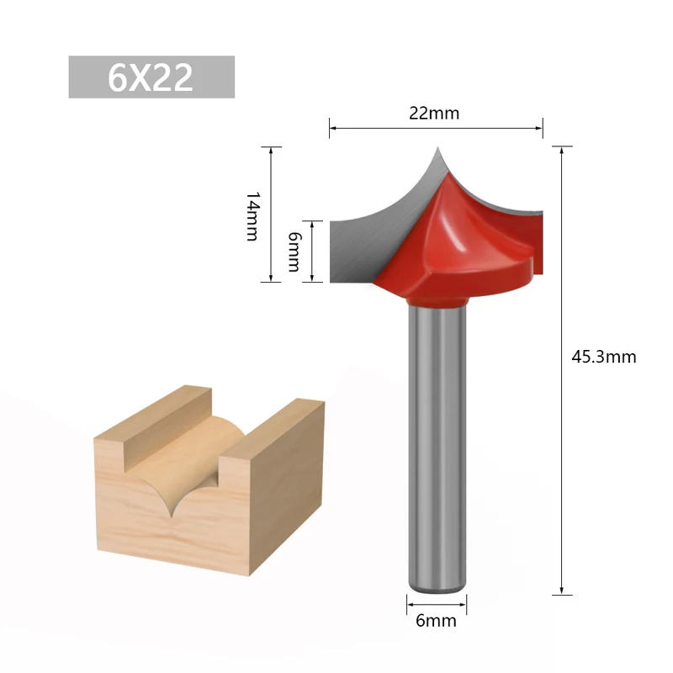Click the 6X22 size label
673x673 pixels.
pyautogui.click(x=151, y=77)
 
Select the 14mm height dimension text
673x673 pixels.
pyautogui.click(x=252, y=215)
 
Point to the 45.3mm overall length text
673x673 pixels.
pyautogui.click(x=603, y=357)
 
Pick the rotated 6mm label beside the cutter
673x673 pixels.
pyautogui.click(x=293, y=252)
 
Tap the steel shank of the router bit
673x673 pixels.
pyautogui.click(x=437, y=437)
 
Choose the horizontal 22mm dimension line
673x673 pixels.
pyautogui.click(x=435, y=128)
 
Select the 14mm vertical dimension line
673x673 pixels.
pyautogui.click(x=271, y=214)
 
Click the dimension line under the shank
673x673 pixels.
pyautogui.click(x=437, y=602)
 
